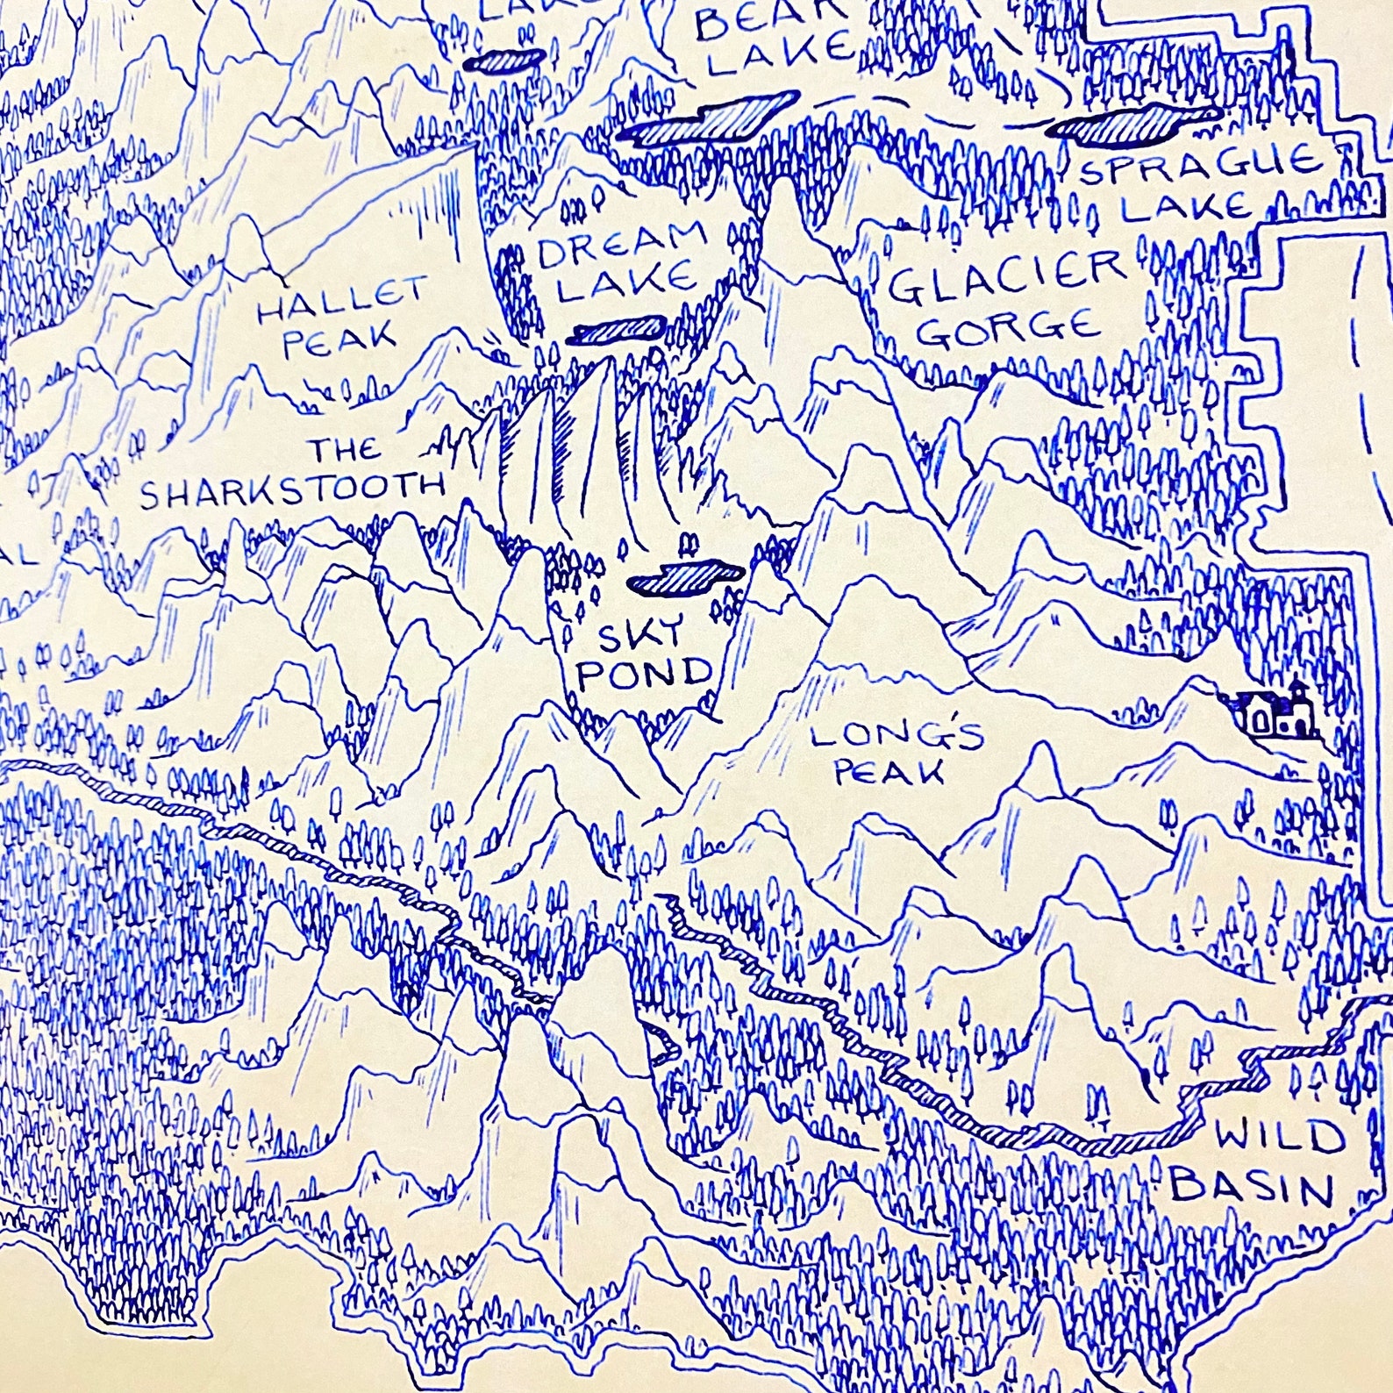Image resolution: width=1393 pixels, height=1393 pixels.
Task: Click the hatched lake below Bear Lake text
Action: coord(712,121)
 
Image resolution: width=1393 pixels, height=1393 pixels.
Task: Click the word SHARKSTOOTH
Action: coord(293,493)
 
